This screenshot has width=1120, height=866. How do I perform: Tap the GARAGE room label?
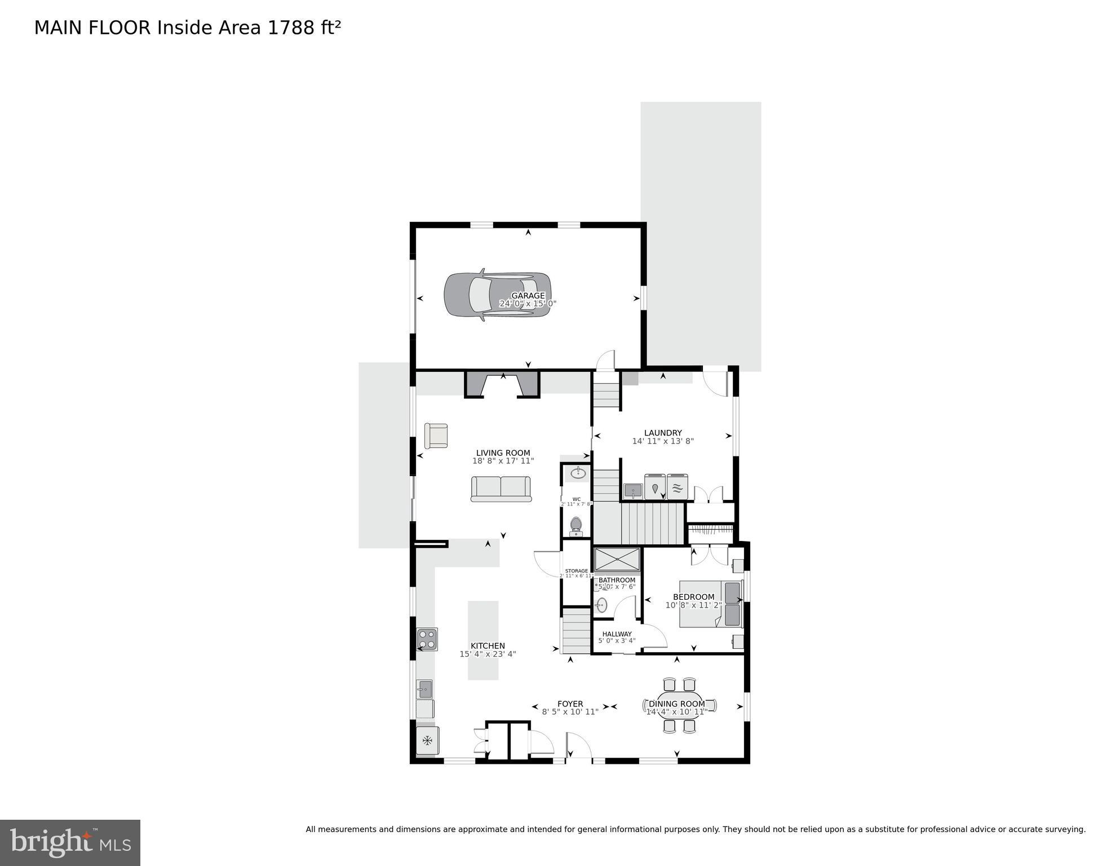pos(528,295)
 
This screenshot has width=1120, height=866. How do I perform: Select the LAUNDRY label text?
pos(663,433)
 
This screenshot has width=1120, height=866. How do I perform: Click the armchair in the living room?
pos(436,436)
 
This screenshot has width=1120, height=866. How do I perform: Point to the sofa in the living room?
pos(501,489)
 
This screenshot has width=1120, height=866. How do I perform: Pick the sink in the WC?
pos(577,473)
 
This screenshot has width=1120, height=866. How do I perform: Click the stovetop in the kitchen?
pos(427,639)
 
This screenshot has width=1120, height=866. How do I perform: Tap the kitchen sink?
pos(424,688)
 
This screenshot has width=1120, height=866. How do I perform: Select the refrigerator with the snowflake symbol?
pos(427,740)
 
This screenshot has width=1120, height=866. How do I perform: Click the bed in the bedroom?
pos(710,604)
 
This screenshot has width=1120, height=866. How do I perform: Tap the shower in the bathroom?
pos(617,560)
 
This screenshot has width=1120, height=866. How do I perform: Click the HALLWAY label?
pos(617,634)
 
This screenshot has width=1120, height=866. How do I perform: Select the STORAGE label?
pos(576,571)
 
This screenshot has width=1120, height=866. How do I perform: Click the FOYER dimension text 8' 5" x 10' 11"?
pos(570,712)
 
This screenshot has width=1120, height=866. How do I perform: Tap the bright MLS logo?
pos(70,842)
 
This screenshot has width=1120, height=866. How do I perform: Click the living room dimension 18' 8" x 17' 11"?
pos(503,461)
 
